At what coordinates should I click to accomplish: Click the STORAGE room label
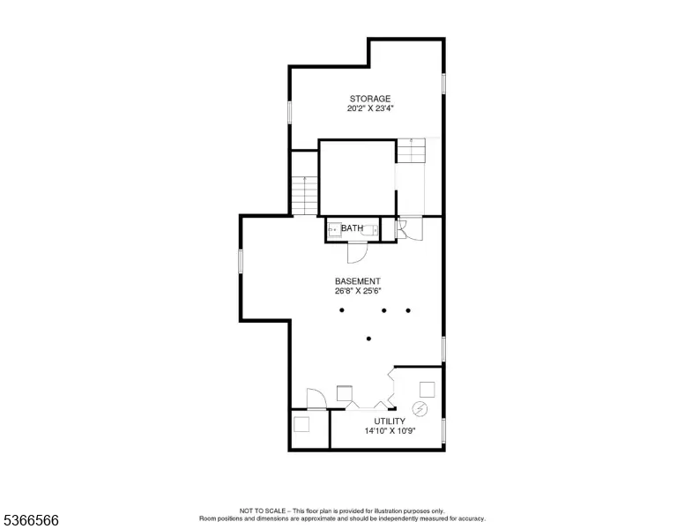click(370, 99)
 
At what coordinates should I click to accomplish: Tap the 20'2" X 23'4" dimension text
click(370, 108)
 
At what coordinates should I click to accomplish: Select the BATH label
click(352, 227)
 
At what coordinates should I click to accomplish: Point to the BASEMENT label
click(358, 281)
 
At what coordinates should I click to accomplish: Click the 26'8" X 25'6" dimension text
click(358, 291)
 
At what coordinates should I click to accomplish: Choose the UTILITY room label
click(390, 421)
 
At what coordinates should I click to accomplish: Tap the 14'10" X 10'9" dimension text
click(390, 431)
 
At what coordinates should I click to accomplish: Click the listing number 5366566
click(31, 520)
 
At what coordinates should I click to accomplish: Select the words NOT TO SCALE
click(263, 510)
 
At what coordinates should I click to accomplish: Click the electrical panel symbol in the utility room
click(420, 409)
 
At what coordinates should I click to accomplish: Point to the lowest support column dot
click(368, 339)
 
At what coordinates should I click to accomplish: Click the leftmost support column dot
click(342, 310)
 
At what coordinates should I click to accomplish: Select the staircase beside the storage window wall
click(304, 196)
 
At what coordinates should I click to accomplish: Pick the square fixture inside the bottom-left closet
click(301, 424)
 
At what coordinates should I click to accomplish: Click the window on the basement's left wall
click(241, 262)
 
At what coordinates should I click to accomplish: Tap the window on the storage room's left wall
click(289, 112)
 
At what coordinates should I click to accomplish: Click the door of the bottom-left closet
click(316, 399)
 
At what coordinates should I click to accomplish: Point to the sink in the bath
click(335, 229)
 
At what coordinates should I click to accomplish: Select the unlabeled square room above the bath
click(357, 177)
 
